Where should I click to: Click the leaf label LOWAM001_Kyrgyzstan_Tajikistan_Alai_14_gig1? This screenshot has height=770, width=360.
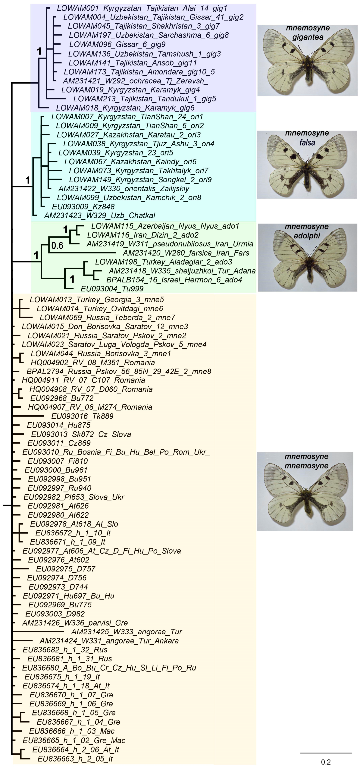(142, 8)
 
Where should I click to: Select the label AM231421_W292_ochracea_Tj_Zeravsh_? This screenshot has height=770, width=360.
(135, 81)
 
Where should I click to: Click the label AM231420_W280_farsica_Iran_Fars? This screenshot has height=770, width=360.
(186, 253)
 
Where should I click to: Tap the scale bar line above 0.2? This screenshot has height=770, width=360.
(326, 753)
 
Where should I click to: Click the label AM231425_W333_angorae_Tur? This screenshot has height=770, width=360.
(126, 632)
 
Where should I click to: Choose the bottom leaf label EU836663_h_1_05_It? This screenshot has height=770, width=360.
(75, 758)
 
